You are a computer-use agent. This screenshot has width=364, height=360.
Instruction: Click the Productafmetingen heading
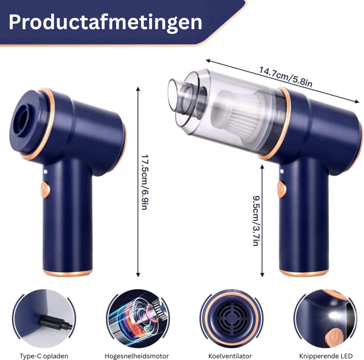105,23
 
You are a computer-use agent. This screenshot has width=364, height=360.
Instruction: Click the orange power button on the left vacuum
45,190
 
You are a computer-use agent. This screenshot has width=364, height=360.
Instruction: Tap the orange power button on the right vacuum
281,189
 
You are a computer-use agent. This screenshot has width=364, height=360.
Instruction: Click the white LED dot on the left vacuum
45,172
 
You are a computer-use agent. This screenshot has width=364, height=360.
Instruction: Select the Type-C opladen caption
44,356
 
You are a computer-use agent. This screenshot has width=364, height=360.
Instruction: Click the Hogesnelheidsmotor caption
137,356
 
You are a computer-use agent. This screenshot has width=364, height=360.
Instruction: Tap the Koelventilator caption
230,356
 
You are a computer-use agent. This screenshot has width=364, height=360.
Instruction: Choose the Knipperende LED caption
326,356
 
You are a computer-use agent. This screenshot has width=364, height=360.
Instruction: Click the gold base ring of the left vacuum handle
68,273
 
